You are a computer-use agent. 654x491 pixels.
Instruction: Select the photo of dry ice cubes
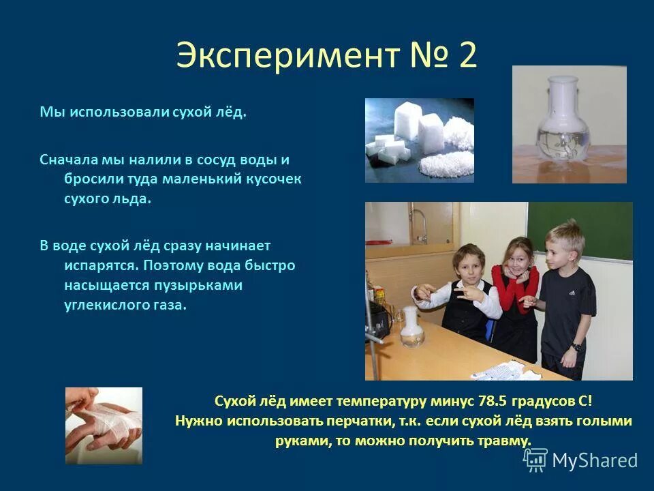419,140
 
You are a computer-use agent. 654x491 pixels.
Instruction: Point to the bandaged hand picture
104,426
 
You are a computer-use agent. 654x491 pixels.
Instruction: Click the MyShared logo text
595,460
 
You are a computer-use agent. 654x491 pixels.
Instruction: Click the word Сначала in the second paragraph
67,160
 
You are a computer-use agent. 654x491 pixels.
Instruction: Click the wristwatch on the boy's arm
576,346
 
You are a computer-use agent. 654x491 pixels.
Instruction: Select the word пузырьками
203,285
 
